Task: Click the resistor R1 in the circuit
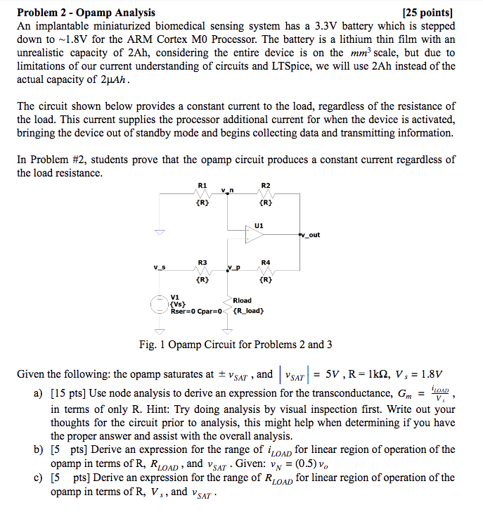coord(202,194)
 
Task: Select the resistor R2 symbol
coord(265,194)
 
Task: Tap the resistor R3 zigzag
coord(202,270)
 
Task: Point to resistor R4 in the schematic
coord(265,270)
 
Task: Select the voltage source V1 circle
coord(160,304)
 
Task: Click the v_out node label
coord(310,235)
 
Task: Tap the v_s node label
coord(160,267)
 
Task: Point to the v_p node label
coord(234,267)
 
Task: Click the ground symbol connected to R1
coord(160,233)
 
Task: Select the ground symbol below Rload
coord(226,331)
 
